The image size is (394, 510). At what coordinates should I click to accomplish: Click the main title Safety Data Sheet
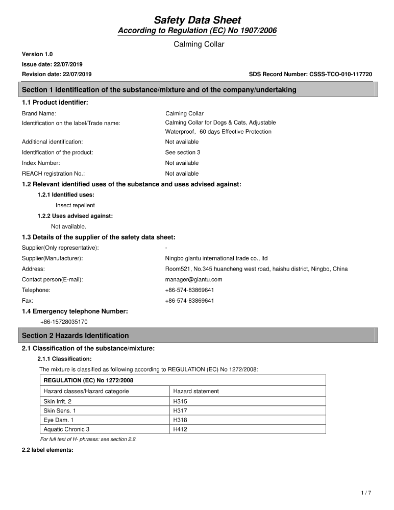(197, 20)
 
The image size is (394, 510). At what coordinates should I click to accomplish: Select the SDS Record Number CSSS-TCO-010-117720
(310, 74)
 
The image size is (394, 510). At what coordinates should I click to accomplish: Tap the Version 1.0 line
(37, 54)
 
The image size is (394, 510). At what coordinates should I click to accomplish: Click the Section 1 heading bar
(199, 90)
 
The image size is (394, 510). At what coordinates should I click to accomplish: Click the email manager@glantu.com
(193, 279)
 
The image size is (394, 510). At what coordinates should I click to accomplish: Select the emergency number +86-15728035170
(64, 322)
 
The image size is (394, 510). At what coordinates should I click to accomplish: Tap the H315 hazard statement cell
(180, 401)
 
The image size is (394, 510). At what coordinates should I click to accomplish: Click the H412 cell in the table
(180, 429)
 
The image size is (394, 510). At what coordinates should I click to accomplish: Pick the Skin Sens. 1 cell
(60, 410)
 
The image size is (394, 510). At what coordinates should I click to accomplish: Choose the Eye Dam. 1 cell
(59, 420)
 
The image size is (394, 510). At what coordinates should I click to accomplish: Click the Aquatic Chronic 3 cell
(66, 429)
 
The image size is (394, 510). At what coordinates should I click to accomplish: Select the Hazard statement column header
(196, 391)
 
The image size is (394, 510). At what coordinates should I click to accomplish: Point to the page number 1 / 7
(366, 493)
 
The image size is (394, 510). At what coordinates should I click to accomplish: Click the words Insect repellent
(75, 205)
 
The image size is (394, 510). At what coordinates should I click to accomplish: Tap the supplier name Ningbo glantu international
(216, 258)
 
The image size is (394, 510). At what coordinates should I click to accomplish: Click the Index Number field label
(41, 163)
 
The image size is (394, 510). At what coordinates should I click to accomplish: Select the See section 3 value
(183, 152)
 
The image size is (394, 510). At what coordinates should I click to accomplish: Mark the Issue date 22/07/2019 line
(52, 64)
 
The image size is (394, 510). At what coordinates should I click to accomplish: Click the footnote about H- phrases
(88, 439)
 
